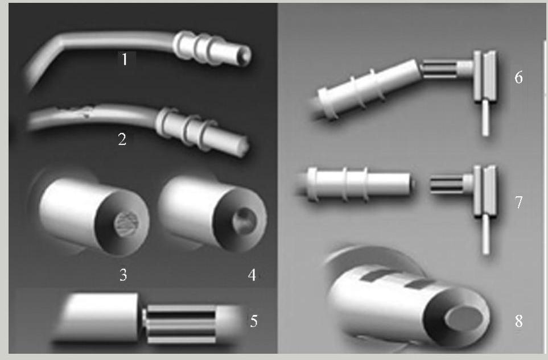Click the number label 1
click(125, 59)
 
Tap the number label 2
click(122, 139)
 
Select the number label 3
click(123, 275)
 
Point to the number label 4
click(252, 275)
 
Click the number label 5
click(254, 321)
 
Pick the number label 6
click(518, 77)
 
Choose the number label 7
click(518, 202)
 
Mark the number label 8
click(518, 321)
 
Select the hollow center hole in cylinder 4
click(245, 220)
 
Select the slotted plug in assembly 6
click(440, 68)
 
